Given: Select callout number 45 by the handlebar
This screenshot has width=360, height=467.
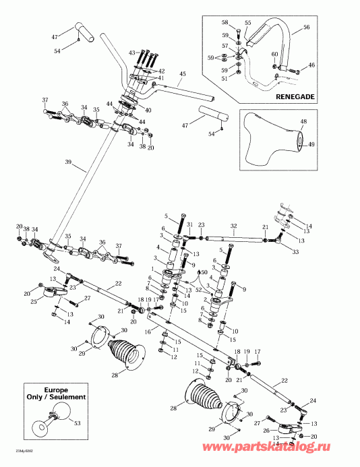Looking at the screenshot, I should pyautogui.click(x=181, y=73).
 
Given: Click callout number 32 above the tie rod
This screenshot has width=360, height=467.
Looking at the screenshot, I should pyautogui.click(x=233, y=226).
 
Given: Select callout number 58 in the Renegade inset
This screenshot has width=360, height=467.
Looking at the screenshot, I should pyautogui.click(x=224, y=23).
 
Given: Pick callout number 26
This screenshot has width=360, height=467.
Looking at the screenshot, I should pyautogui.click(x=268, y=430).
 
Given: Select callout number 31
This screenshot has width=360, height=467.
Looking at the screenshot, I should pyautogui.click(x=189, y=225).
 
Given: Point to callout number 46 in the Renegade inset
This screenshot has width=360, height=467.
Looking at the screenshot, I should pyautogui.click(x=311, y=65).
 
